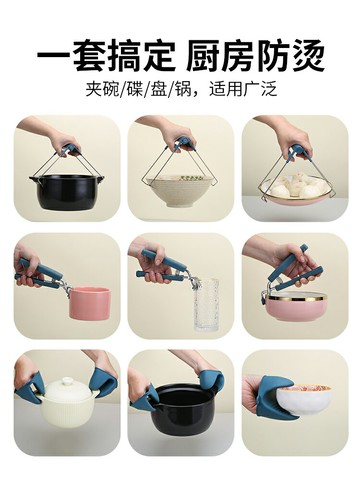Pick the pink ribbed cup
click(x=87, y=302)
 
